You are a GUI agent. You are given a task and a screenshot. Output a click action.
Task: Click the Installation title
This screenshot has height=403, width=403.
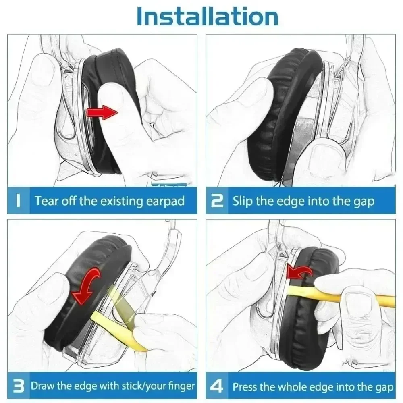(x=207, y=17)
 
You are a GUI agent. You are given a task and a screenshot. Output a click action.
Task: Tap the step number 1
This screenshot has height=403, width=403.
(x=18, y=201)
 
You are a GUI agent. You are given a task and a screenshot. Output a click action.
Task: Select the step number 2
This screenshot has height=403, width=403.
(x=217, y=201)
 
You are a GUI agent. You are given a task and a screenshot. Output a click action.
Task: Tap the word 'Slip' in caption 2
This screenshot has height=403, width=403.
(x=242, y=201)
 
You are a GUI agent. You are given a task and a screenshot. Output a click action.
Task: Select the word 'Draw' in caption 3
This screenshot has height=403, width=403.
(x=43, y=386)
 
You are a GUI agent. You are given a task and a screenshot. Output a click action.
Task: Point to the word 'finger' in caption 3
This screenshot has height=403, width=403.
(x=181, y=386)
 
